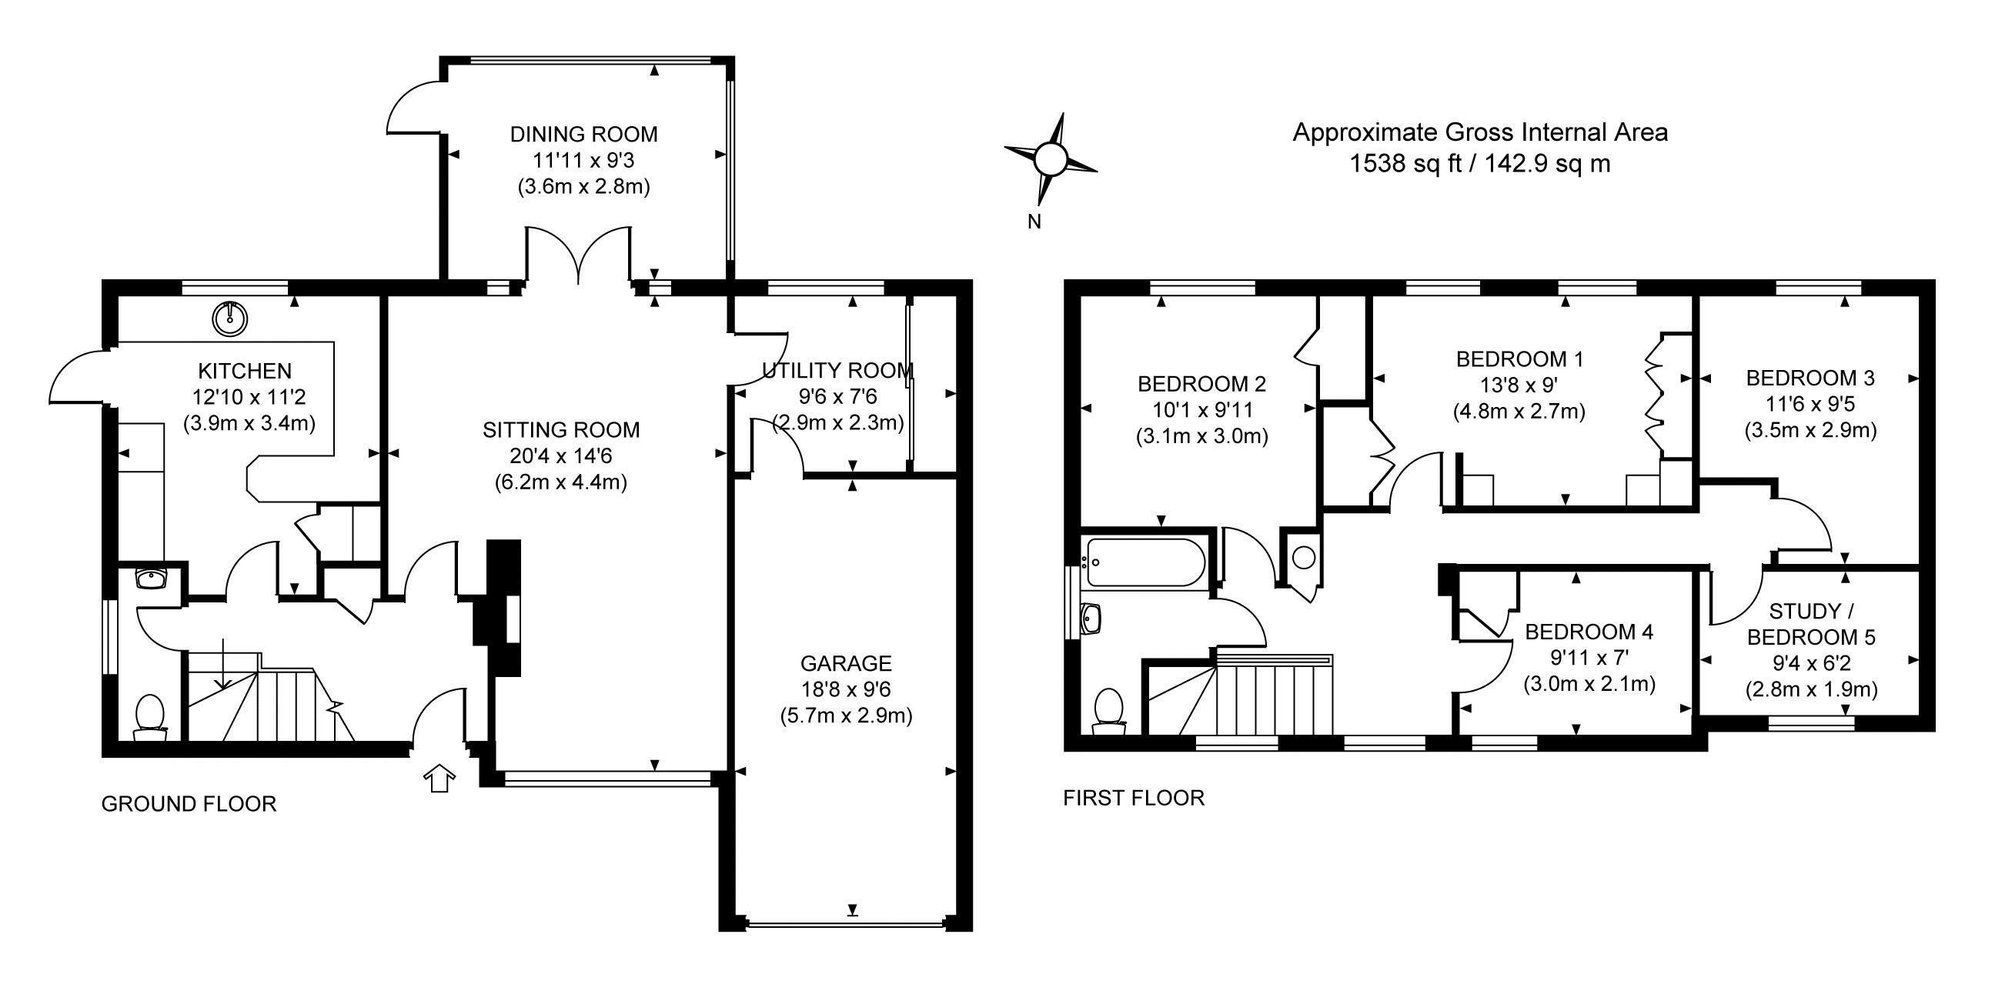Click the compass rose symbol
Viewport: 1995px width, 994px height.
click(1050, 160)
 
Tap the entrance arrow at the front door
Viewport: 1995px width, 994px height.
click(440, 778)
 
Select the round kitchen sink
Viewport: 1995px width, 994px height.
click(230, 316)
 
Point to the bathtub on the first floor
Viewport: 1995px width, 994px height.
click(1145, 563)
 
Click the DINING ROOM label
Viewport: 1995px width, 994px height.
click(583, 135)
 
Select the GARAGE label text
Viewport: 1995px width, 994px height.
click(846, 663)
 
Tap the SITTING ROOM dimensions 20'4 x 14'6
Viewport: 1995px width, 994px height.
click(560, 456)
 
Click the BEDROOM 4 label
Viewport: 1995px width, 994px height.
click(1589, 632)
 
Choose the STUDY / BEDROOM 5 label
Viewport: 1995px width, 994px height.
click(1811, 624)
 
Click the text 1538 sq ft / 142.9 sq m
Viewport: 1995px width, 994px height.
click(1479, 164)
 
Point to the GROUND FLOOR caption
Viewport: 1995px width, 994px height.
click(189, 804)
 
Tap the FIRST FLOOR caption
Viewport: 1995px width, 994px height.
click(1133, 798)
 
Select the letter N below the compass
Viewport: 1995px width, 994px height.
click(1034, 222)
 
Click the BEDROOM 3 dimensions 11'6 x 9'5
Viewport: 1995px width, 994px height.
click(1810, 404)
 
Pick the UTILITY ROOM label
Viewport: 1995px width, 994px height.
click(837, 371)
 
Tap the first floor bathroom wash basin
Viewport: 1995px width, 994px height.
click(1091, 619)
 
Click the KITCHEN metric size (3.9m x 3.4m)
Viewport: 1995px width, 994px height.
click(249, 423)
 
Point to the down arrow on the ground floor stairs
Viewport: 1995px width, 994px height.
click(223, 665)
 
